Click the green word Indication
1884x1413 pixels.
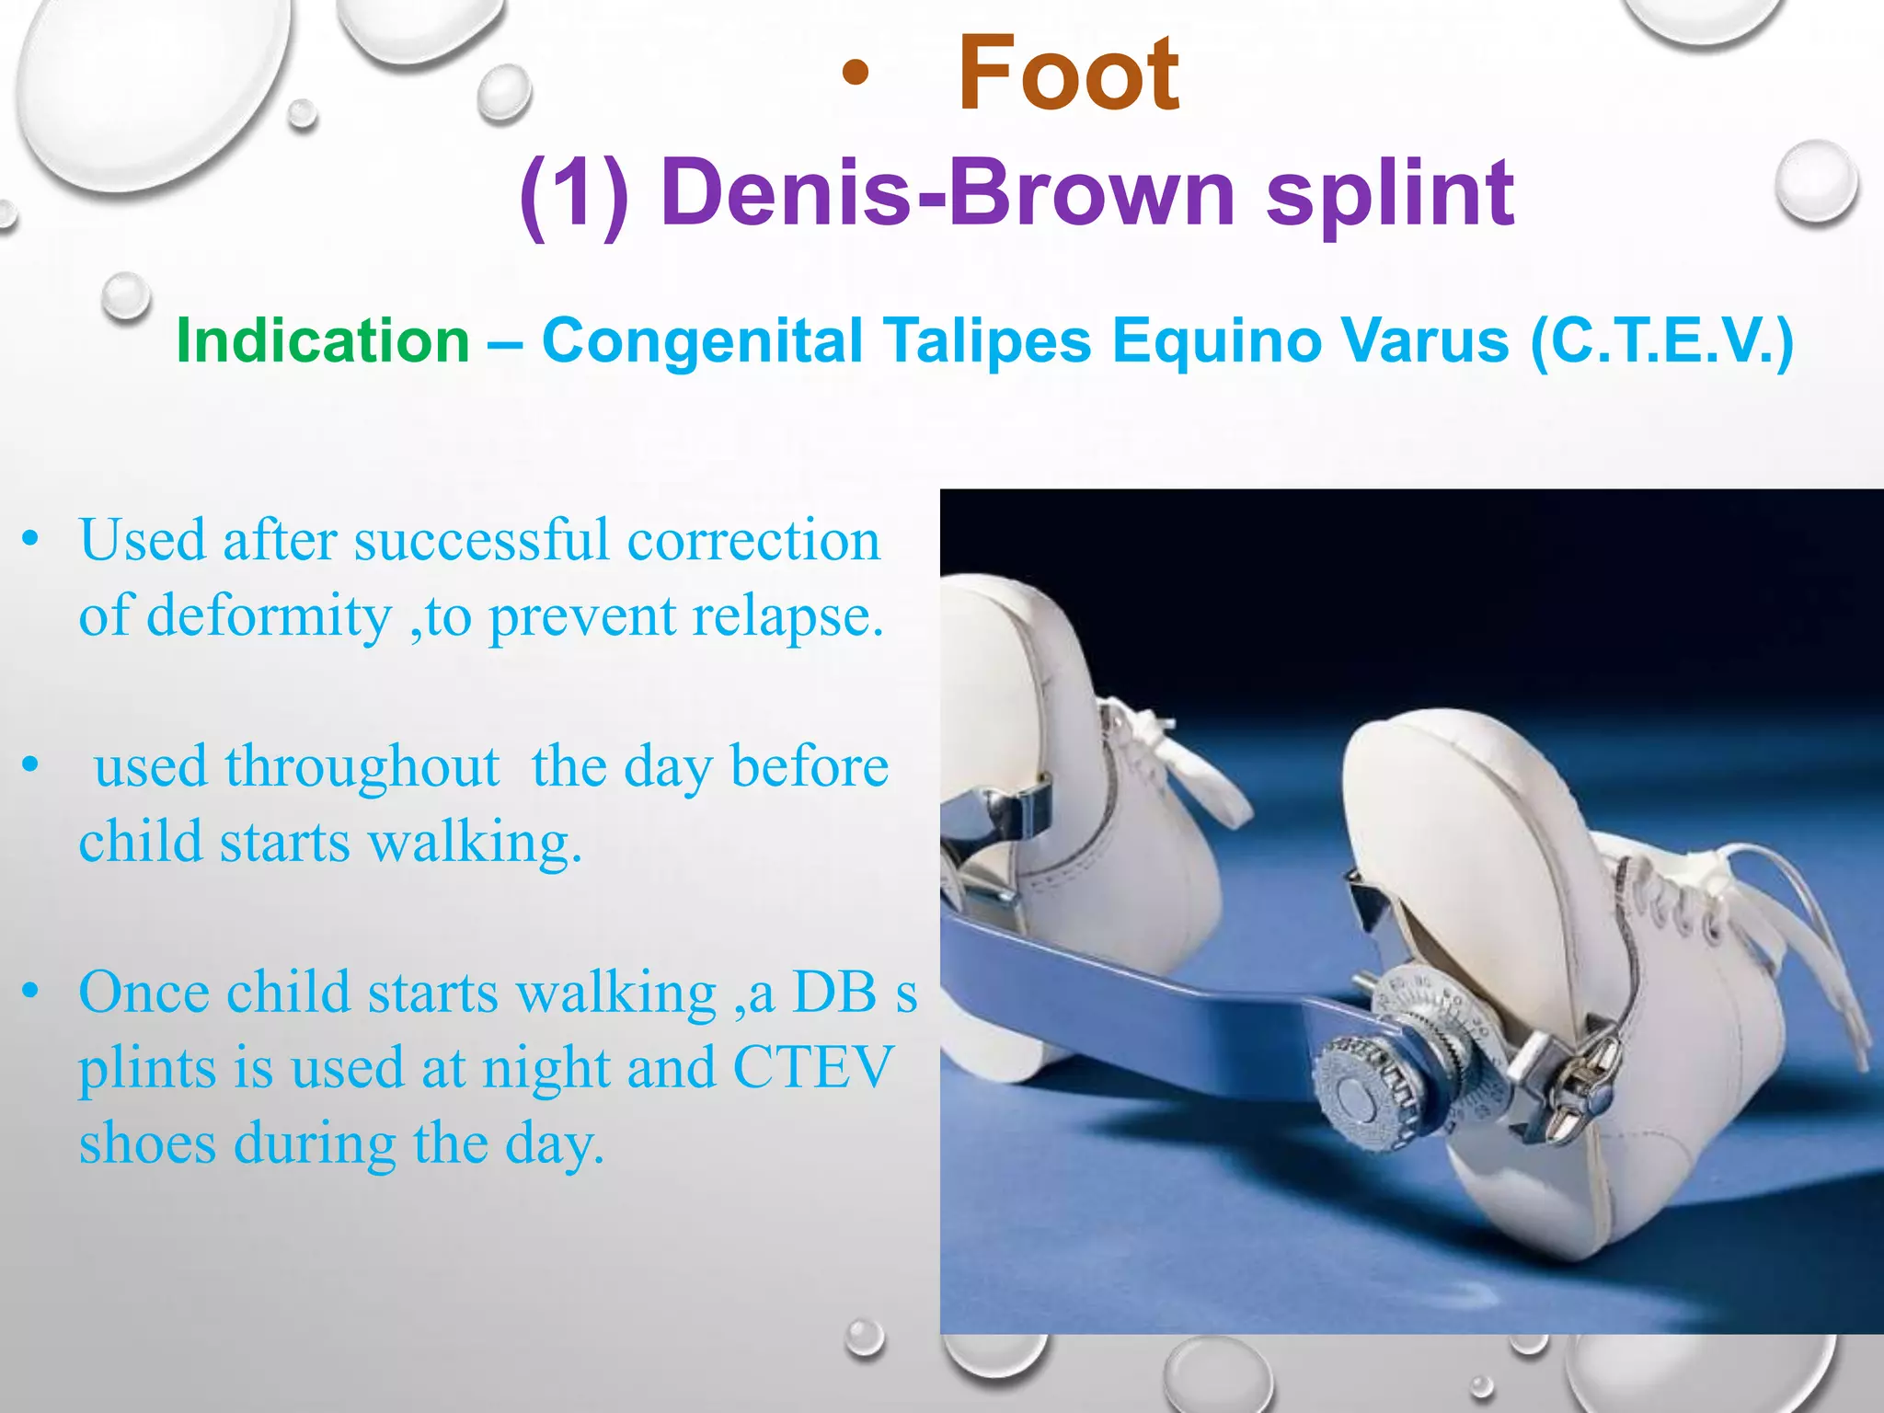click(x=323, y=341)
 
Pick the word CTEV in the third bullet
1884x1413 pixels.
click(x=813, y=1068)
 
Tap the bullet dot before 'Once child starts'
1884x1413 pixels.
click(x=31, y=992)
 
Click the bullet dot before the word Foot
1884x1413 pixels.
click(x=855, y=75)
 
